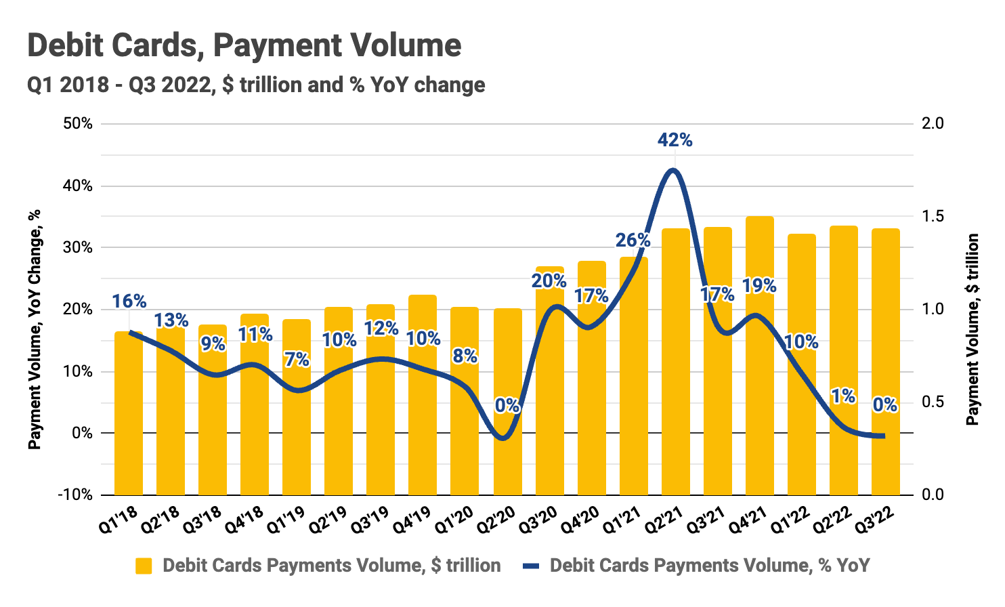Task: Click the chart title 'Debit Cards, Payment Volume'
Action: pos(244,46)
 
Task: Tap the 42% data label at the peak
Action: pos(675,140)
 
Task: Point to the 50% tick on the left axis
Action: pos(78,123)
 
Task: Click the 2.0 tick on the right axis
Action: pos(933,123)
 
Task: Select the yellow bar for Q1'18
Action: pos(129,420)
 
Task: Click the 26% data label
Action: pos(633,240)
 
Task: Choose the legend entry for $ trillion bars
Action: pos(318,566)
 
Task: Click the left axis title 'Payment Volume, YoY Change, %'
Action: pos(34,329)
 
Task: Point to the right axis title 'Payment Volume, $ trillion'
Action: pos(972,329)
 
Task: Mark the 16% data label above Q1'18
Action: pos(129,301)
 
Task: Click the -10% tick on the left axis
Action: pos(75,495)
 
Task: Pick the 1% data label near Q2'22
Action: pos(843,396)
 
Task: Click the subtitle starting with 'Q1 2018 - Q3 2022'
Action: pos(256,85)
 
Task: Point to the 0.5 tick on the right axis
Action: pos(933,402)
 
